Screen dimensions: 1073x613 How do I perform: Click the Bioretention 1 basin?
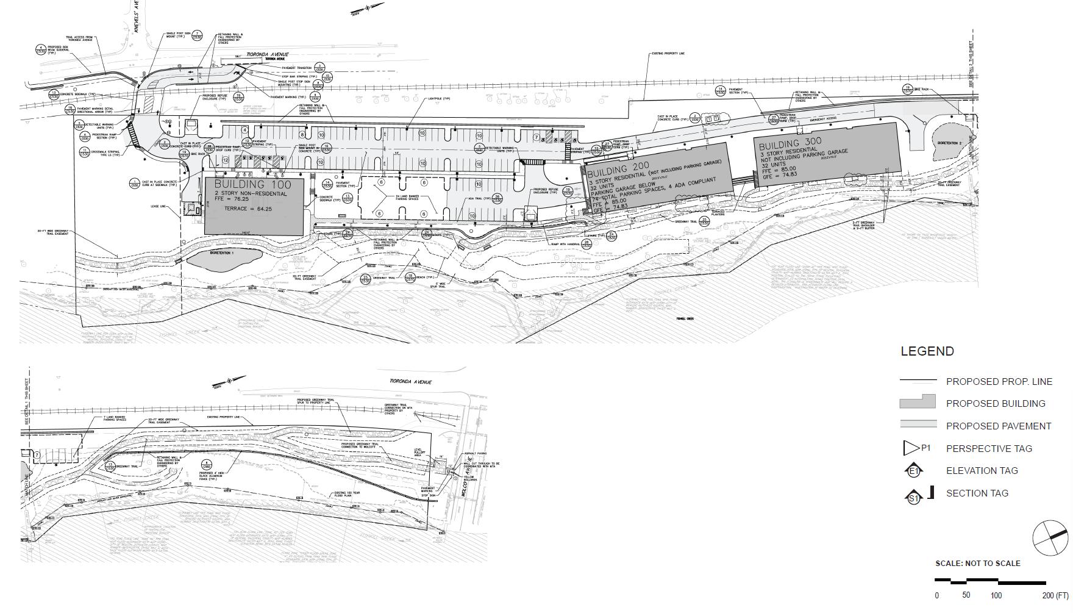click(222, 257)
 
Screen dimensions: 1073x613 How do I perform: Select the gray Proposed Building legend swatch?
click(918, 402)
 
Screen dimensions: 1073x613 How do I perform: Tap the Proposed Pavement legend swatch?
click(918, 425)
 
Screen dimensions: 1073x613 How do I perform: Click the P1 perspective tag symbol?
click(912, 448)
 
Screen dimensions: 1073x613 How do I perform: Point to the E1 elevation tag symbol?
click(914, 471)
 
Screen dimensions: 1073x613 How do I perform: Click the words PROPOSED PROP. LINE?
click(999, 381)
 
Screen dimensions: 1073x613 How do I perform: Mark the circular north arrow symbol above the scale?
click(1050, 538)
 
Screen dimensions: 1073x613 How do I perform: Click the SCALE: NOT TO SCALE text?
click(977, 563)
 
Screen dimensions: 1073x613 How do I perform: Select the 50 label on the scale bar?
click(966, 595)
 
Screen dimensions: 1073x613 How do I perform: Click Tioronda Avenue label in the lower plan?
click(411, 382)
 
